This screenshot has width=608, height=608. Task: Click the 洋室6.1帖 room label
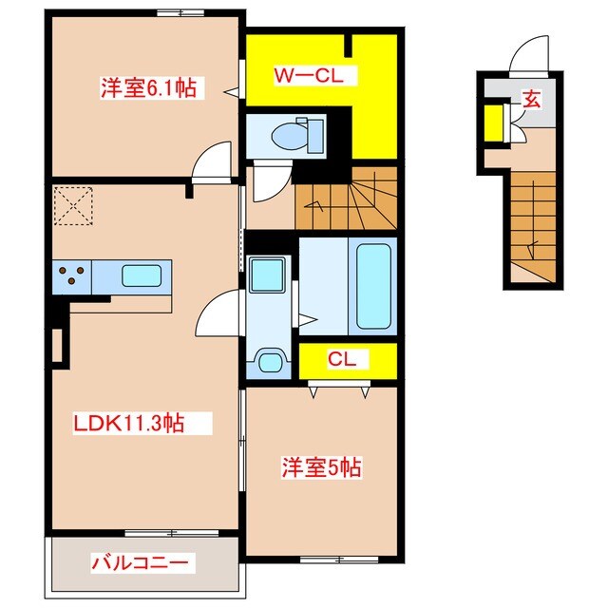coord(149,90)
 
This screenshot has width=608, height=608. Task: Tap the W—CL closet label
coord(302,75)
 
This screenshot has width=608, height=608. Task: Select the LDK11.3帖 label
coord(128,425)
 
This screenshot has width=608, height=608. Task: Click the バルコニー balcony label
coord(142,562)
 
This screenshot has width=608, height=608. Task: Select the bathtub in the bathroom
coord(373,285)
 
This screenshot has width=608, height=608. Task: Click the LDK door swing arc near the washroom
coord(217,313)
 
